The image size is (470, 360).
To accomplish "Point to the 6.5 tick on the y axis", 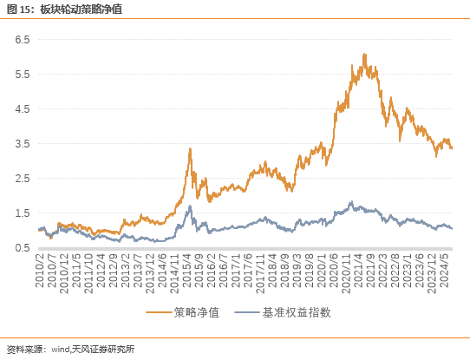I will pyautogui.click(x=21, y=40).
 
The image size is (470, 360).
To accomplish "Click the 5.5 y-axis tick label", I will pyautogui.click(x=21, y=75).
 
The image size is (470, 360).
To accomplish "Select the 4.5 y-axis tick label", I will pyautogui.click(x=21, y=109).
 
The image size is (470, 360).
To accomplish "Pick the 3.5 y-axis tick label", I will pyautogui.click(x=21, y=144).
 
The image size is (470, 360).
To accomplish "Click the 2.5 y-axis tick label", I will pyautogui.click(x=21, y=179).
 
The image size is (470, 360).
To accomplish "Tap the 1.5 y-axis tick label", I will pyautogui.click(x=21, y=213).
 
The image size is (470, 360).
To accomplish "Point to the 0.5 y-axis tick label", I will pyautogui.click(x=21, y=248).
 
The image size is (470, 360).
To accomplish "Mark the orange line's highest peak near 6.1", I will pyautogui.click(x=364, y=54).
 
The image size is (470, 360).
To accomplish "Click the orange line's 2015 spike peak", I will pyautogui.click(x=190, y=148).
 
